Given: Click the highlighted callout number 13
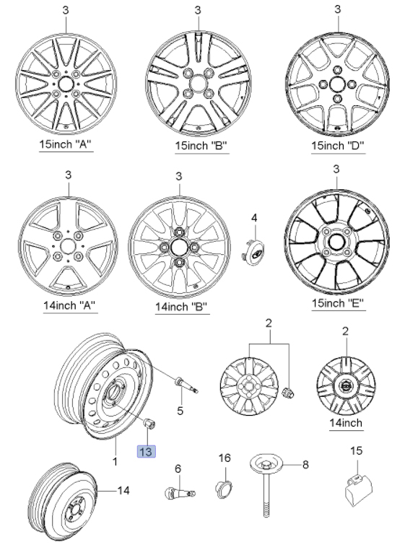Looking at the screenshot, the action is tap(146, 451).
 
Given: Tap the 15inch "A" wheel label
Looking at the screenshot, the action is tap(65, 144).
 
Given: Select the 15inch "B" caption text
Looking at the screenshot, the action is tap(201, 146).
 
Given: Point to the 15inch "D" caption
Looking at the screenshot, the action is tap(338, 146).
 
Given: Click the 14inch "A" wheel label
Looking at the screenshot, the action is tap(69, 305).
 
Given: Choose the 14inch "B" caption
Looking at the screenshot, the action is tap(181, 307).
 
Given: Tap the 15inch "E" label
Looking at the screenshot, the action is tap(338, 302).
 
